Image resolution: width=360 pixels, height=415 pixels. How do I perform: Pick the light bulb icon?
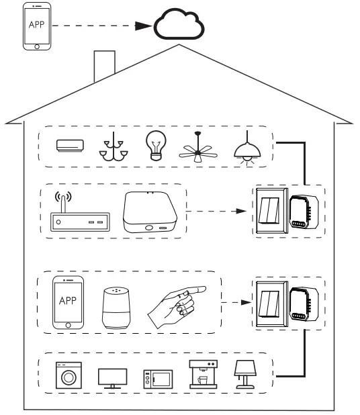(x=156, y=145)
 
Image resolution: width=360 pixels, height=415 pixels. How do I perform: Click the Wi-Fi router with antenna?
(x=80, y=214)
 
